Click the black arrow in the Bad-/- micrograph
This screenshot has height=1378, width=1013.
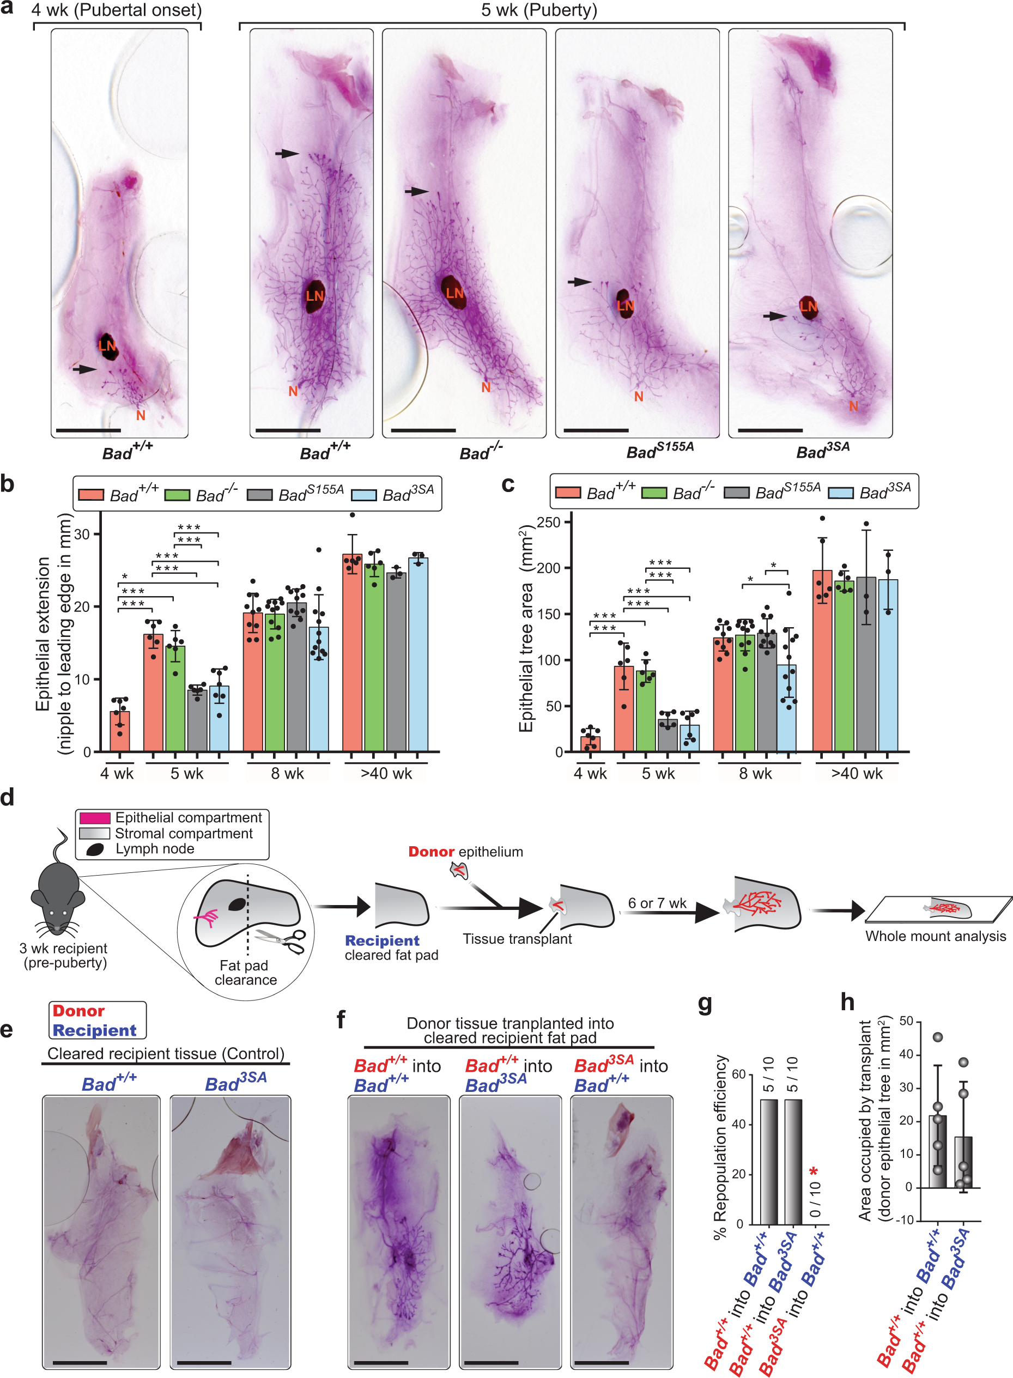coord(416,191)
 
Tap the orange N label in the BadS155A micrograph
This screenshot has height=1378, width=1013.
coord(638,397)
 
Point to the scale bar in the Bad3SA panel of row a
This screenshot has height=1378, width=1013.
coord(770,430)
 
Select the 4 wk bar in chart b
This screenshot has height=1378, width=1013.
coord(119,731)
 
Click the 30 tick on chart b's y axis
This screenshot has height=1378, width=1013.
coord(82,534)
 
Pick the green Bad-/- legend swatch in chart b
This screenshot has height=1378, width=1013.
coord(177,494)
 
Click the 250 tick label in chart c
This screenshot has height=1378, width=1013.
coord(548,522)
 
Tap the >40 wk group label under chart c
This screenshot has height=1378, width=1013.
coord(856,774)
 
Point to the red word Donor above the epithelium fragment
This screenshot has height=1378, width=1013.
coord(431,852)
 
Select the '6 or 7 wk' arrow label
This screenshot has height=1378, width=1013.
coord(657,903)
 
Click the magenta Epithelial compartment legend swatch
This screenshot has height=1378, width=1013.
coord(94,818)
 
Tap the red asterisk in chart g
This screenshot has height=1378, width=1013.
coord(813,1173)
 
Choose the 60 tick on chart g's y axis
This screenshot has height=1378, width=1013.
coord(738,1074)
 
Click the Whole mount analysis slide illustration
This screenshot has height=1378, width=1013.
coord(938,908)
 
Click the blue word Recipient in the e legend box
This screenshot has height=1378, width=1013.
coord(94,1030)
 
